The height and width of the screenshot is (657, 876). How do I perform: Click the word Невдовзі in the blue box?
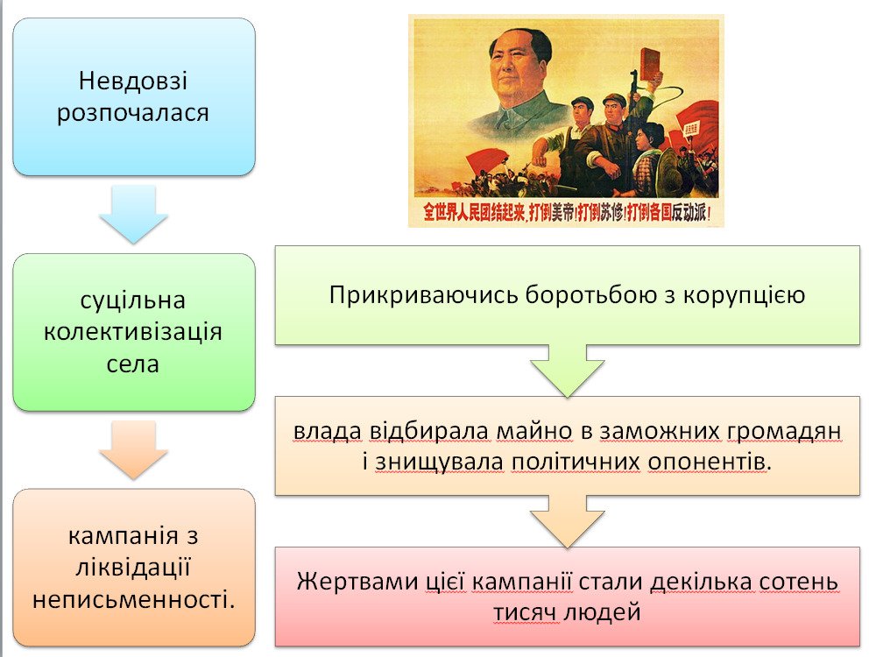[133, 81]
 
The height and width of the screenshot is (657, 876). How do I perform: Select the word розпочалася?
[133, 113]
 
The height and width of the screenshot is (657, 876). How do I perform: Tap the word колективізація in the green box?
[133, 332]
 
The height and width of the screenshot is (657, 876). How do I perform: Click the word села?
[133, 364]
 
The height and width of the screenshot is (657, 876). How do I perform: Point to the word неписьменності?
[133, 599]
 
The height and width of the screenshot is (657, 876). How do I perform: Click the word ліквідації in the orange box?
[133, 567]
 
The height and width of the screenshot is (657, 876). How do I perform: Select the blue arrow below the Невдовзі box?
[133, 215]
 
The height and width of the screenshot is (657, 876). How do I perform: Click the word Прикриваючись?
[424, 295]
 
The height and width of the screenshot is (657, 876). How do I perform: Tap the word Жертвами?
[357, 582]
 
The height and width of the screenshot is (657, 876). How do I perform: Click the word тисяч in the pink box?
[525, 613]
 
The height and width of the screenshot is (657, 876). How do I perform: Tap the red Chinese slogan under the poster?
[567, 212]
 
